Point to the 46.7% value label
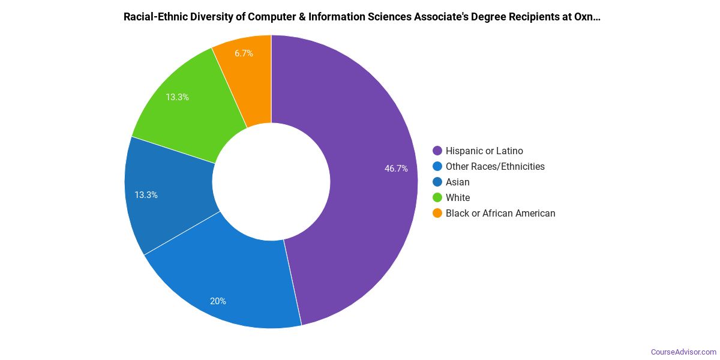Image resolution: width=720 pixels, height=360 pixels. pos(396,169)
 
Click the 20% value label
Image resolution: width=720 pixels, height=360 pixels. pos(218,301)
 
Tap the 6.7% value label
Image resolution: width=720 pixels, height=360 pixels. pos(244,53)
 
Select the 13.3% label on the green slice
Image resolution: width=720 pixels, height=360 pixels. pos(178,97)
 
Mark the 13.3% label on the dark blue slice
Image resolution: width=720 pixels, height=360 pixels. pos(146,195)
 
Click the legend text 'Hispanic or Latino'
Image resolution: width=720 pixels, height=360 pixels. pos(484,151)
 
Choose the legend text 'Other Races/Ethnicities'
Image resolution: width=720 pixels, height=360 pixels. pos(495,167)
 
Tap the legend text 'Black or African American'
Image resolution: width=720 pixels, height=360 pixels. pos(500,214)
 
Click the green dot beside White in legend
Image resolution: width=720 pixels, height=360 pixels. pos(437,198)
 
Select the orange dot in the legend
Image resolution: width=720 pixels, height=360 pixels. pos(437,214)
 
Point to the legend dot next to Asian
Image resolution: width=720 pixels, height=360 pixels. pos(437,182)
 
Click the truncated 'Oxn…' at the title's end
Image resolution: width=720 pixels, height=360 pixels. pos(589,17)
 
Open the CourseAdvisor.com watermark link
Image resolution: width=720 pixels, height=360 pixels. pos(683,352)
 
